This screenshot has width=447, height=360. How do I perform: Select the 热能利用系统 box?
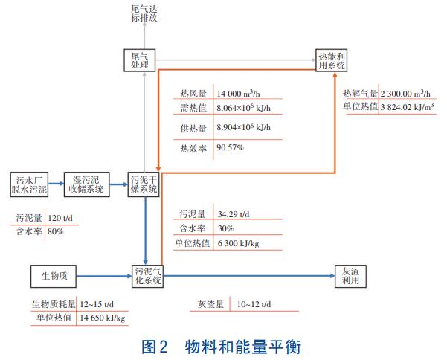[x=332, y=61]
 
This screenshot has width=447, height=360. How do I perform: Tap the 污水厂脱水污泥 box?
[x=31, y=184]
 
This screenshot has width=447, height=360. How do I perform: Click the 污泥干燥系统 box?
[x=144, y=184]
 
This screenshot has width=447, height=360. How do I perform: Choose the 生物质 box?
[x=54, y=276]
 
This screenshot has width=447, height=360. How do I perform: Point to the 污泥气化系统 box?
[x=147, y=276]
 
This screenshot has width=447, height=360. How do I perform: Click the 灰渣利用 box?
[x=344, y=276]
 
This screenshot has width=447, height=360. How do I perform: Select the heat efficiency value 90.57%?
[x=231, y=148]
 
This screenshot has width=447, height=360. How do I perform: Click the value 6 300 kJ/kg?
[x=238, y=242]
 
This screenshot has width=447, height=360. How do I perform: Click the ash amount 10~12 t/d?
[x=254, y=305]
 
